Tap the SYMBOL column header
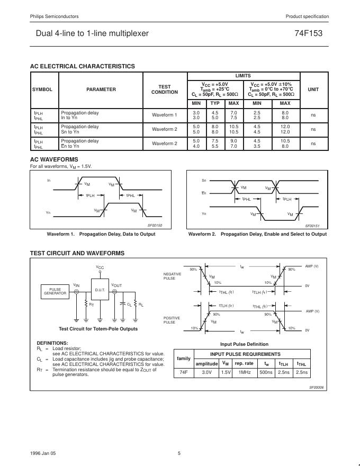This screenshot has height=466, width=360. tap(42, 89)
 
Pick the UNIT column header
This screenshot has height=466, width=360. tap(313, 89)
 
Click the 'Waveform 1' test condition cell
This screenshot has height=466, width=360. tap(165, 115)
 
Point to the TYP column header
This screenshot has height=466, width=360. tap(215, 103)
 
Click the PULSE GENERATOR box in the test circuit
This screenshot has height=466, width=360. tap(55, 291)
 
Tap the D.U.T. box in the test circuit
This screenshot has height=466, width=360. tap(100, 290)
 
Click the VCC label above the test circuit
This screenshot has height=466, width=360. tap(100, 267)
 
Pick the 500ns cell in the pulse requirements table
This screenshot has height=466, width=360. tap(266, 373)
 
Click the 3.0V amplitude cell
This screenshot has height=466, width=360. tap(206, 373)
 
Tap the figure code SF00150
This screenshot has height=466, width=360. tap(155, 226)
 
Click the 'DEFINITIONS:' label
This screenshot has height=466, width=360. tap(52, 343)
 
